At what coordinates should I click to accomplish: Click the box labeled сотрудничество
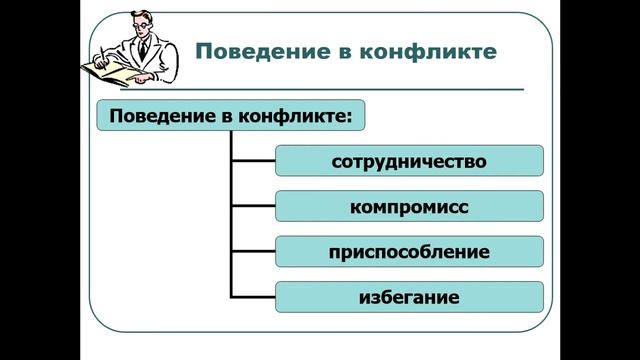[409, 161]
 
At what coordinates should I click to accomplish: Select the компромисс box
[409, 207]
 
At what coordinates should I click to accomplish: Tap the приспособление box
[409, 252]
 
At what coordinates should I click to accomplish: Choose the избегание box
[409, 297]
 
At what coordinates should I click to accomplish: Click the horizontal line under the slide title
[350, 89]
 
